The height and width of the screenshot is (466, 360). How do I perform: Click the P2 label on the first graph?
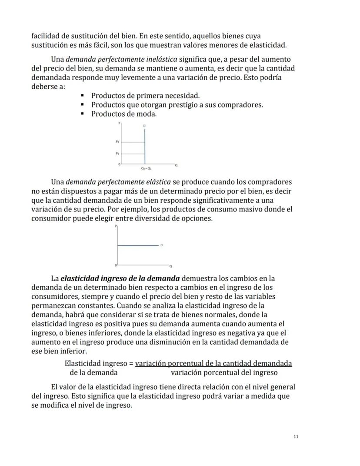(x=117, y=142)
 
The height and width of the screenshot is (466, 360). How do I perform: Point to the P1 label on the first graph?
(x=117, y=154)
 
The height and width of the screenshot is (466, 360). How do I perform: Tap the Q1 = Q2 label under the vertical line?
(x=146, y=168)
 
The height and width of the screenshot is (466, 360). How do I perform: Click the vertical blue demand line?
(x=145, y=146)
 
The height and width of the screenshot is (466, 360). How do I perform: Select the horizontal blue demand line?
(x=137, y=245)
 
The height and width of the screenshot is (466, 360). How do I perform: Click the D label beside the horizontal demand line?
(x=162, y=245)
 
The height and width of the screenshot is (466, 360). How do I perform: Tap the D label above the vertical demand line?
(x=145, y=126)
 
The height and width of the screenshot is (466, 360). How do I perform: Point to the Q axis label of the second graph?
(x=170, y=266)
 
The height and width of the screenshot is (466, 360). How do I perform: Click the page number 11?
(x=296, y=437)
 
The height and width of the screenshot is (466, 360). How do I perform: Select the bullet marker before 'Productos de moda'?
(x=82, y=114)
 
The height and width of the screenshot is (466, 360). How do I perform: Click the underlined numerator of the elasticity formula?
(x=213, y=363)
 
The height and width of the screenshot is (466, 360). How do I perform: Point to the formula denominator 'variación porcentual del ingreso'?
(x=224, y=372)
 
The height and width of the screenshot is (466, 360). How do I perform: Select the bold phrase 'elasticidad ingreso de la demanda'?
(x=120, y=278)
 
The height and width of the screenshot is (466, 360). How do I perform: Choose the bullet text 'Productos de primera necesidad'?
(x=145, y=96)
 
